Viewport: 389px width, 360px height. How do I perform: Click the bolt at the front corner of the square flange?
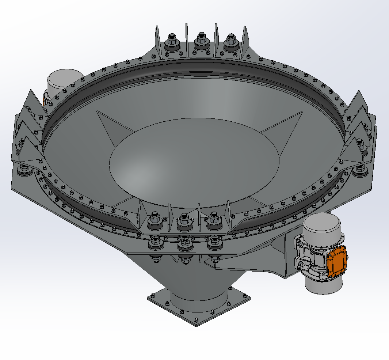[197, 321]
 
